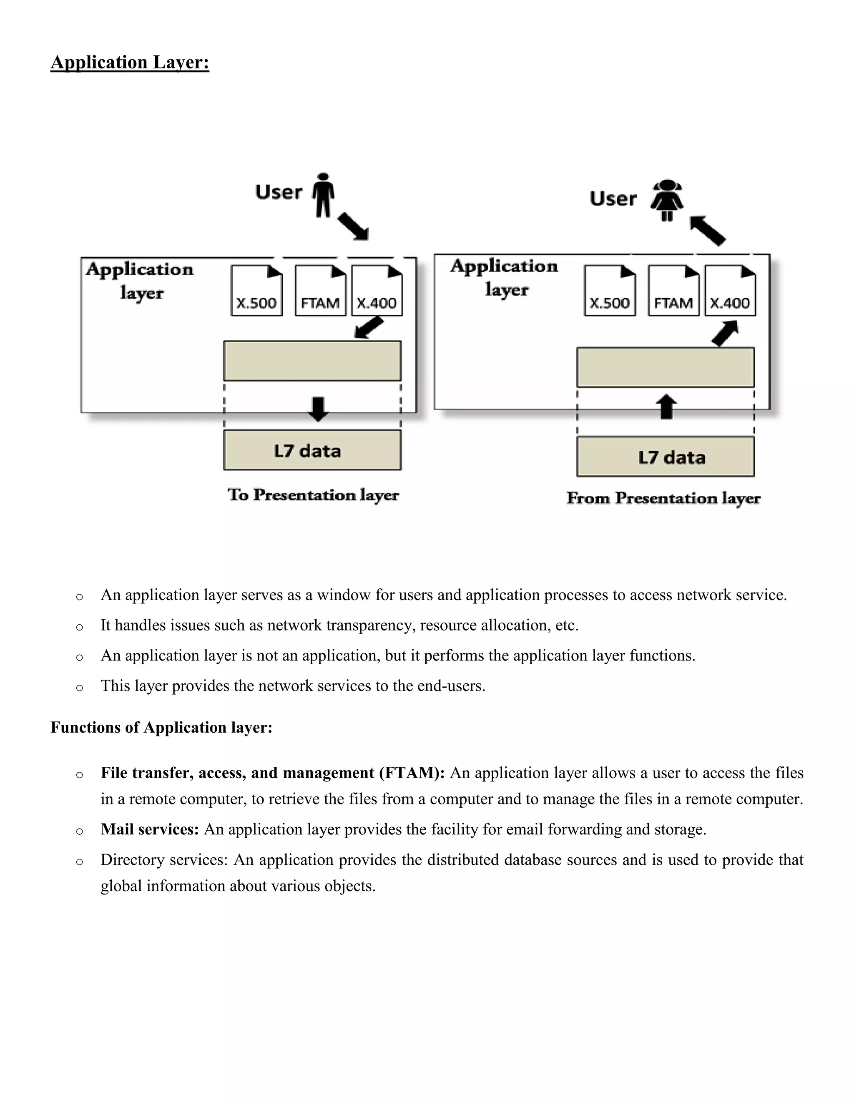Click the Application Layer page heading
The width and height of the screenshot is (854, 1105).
(130, 62)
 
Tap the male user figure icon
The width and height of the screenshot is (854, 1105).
(323, 195)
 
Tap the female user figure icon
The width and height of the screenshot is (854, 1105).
(667, 200)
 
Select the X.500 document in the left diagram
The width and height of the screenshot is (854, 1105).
(256, 291)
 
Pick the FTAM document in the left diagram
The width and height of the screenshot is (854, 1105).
(320, 291)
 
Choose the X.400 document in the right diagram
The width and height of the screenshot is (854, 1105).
(730, 291)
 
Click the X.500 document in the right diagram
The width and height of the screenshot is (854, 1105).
(610, 291)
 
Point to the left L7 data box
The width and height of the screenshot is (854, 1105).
(312, 450)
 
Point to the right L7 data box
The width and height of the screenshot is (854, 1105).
(665, 457)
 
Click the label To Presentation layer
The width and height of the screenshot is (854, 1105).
(313, 495)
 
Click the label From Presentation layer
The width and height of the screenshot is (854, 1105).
(663, 498)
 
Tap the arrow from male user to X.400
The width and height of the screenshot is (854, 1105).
(354, 226)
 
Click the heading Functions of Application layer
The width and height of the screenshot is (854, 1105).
(161, 728)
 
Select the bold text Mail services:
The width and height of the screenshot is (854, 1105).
(150, 829)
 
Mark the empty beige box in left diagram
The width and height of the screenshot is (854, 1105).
(312, 361)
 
